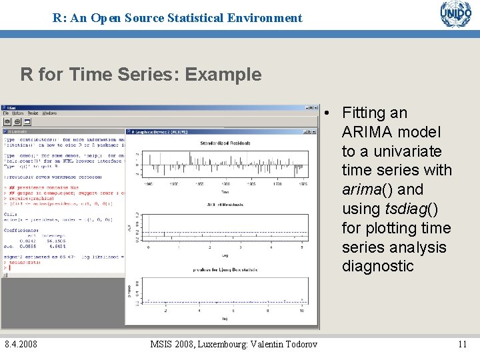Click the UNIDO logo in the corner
455,15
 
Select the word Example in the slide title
223,74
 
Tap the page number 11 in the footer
462,344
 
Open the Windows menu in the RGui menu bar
49,113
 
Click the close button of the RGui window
316,107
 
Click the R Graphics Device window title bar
200,132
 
